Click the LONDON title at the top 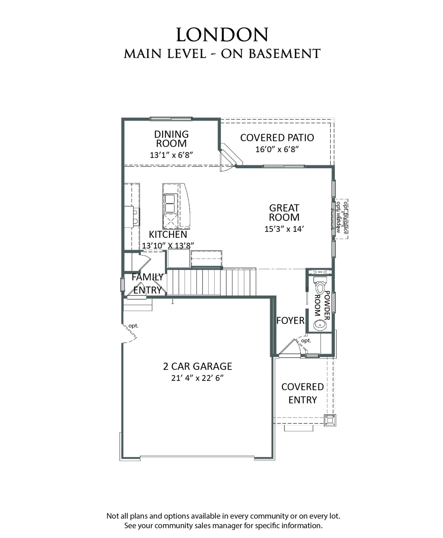tap(222, 35)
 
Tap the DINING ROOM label tap(171, 139)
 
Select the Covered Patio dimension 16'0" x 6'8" tap(277, 150)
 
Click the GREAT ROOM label tap(284, 213)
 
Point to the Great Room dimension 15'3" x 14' tap(284, 229)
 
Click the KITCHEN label tap(168, 235)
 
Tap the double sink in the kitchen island tap(169, 203)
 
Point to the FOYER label tap(290, 321)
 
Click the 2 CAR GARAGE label tap(197, 366)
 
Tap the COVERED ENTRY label tap(303, 393)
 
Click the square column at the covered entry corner tap(330, 420)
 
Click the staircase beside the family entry tap(212, 282)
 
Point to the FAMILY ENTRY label tap(147, 283)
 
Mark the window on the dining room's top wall tap(171, 119)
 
